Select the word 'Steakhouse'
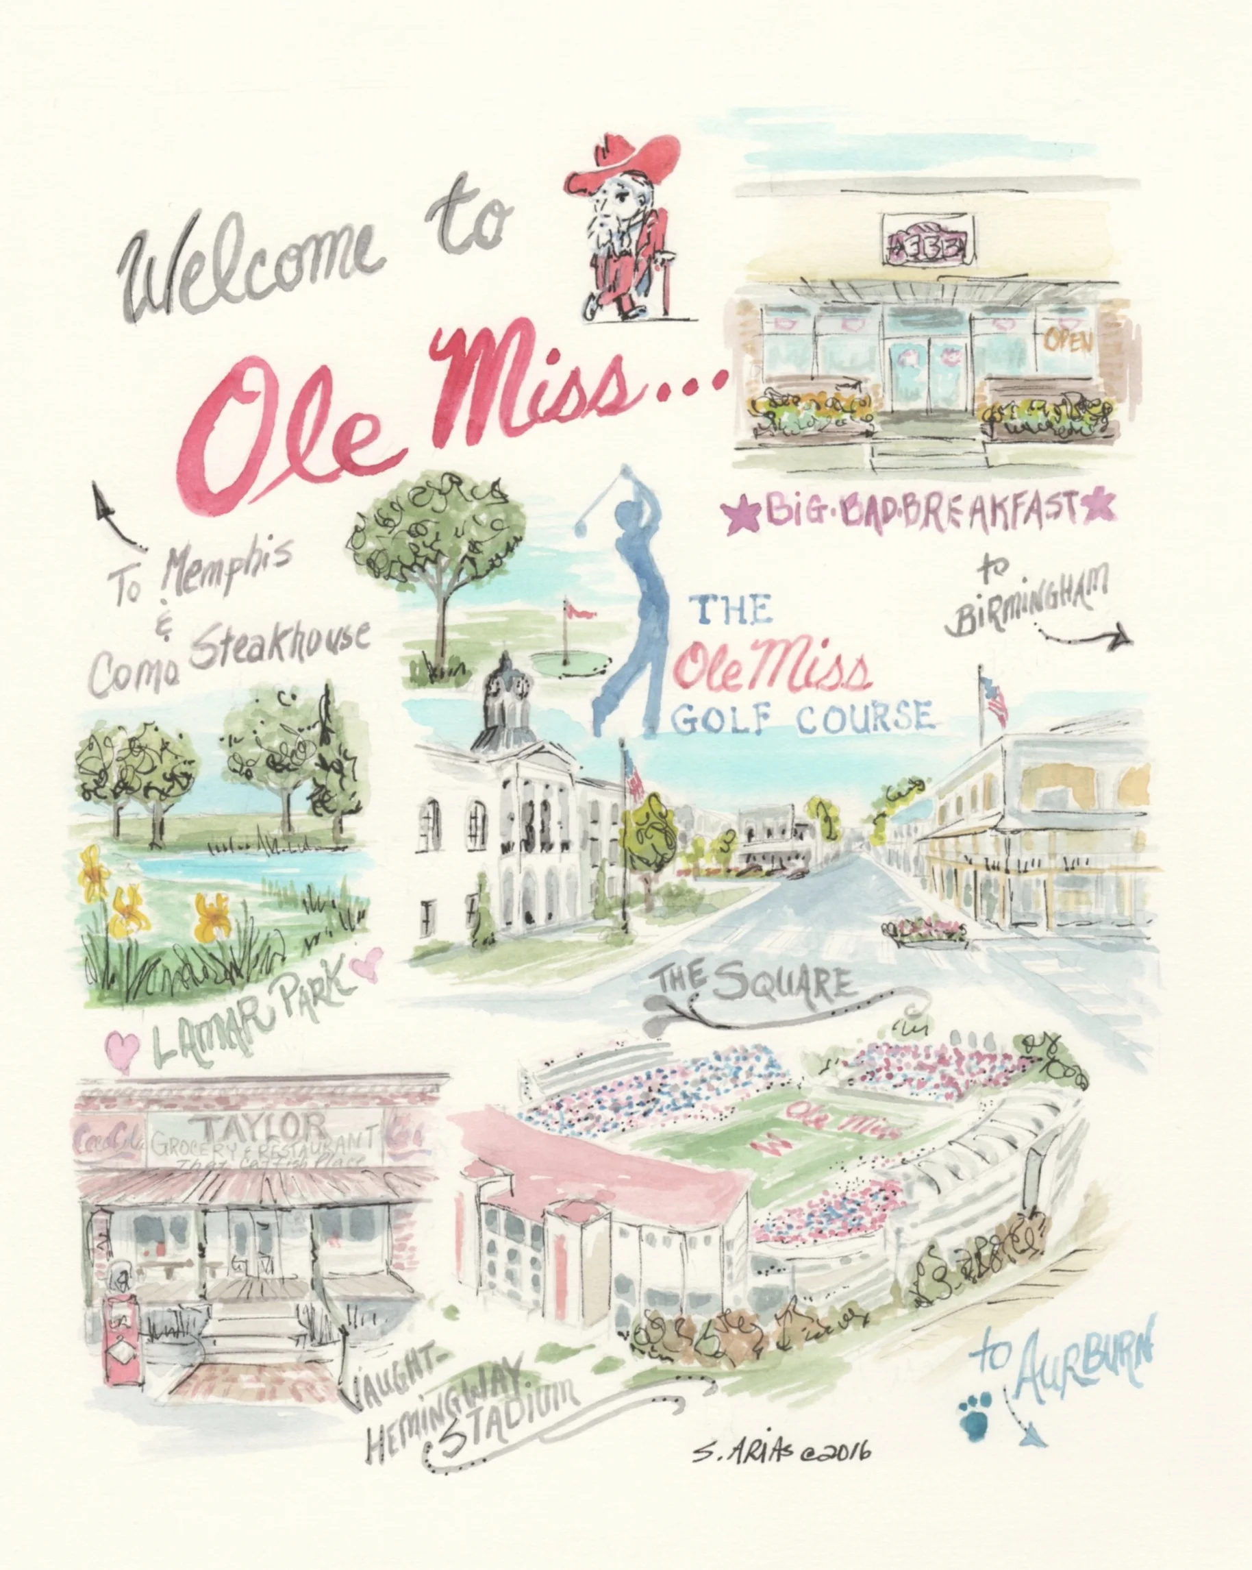(x=280, y=643)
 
